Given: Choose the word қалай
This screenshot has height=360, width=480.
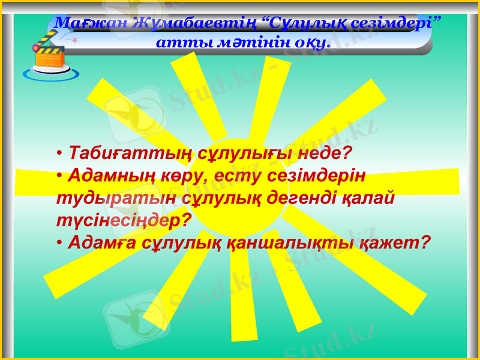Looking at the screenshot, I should tap(371, 197).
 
